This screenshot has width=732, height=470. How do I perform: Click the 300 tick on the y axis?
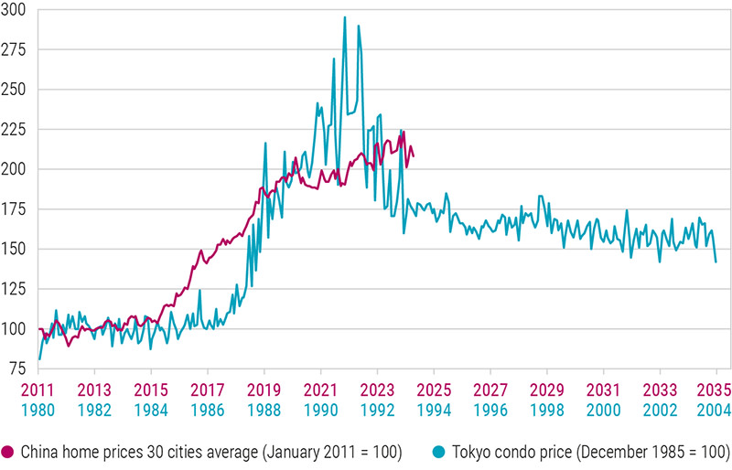coord(16,10)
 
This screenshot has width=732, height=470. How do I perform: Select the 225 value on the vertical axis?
coord(16,129)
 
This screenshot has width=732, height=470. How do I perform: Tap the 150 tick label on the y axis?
coord(16,249)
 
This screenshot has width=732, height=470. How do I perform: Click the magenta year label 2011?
coord(39,388)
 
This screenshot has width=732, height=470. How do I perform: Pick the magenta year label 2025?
coord(434,388)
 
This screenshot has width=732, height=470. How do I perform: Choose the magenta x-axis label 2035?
coord(716,388)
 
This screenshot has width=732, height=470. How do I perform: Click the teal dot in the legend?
coord(440,451)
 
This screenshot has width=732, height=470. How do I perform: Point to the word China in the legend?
coord(39,451)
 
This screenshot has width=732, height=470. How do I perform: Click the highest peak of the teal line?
coord(344,16)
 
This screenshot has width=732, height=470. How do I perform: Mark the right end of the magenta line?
coord(414,155)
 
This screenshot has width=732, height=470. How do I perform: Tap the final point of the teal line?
coord(716,262)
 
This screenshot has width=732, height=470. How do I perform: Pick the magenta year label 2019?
coord(264,388)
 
